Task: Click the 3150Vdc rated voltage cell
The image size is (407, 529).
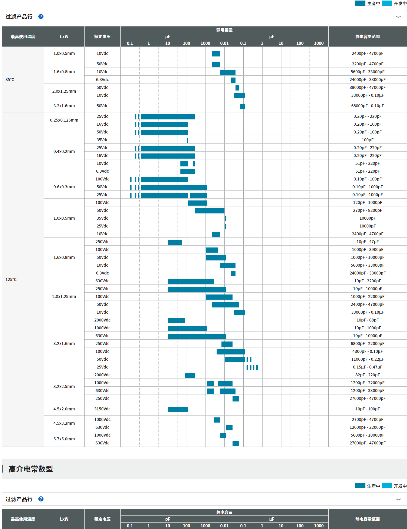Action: tap(102, 409)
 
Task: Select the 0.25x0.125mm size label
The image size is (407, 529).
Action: tap(64, 120)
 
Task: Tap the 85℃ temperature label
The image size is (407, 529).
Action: tap(10, 79)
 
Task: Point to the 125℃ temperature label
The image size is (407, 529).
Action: tap(11, 279)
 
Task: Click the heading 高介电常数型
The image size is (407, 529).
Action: tap(31, 469)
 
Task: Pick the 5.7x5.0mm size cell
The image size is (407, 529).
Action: tap(64, 439)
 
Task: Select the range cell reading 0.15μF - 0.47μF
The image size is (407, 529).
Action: tap(367, 367)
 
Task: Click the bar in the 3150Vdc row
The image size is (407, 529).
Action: tap(178, 409)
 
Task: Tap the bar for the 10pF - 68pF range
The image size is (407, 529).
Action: tap(176, 320)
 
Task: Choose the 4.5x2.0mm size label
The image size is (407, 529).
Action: tap(64, 409)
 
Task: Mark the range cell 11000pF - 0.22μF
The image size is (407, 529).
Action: tap(367, 359)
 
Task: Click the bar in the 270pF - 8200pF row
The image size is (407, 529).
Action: tap(209, 211)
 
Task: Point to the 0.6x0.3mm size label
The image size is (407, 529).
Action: tap(64, 187)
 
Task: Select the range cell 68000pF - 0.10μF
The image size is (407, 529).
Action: tap(367, 106)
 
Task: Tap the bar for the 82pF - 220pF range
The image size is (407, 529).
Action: tap(190, 375)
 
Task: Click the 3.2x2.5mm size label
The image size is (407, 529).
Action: tap(64, 386)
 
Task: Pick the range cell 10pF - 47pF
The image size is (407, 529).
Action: tap(367, 242)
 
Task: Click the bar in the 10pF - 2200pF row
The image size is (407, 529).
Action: tap(191, 281)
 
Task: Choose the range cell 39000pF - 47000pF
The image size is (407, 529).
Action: tap(367, 87)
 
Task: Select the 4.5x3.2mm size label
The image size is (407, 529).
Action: tap(64, 423)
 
